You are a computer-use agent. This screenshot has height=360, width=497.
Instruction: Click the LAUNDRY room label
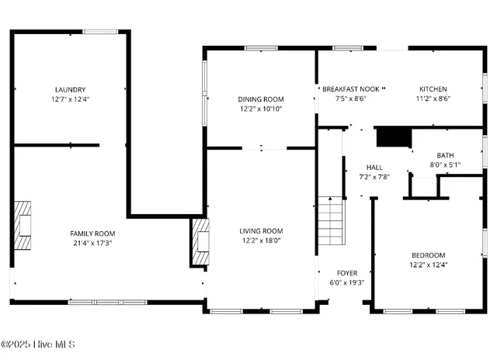tap(70, 89)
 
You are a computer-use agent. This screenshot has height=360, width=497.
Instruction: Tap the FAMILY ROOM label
tap(92, 233)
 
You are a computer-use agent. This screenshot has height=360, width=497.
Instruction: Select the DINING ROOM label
tap(260, 99)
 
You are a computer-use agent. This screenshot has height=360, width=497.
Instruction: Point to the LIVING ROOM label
tap(260, 230)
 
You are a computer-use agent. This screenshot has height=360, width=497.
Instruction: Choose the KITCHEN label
tap(433, 89)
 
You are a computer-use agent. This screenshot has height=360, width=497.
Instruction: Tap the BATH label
tap(445, 155)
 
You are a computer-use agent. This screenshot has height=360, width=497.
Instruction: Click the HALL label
tap(374, 167)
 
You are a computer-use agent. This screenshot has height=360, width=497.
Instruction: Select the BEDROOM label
tap(428, 255)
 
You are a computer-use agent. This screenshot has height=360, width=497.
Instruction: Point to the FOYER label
tap(346, 273)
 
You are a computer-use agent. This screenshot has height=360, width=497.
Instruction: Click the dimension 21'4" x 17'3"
tap(92, 243)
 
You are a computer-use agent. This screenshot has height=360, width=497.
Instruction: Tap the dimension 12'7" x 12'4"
tap(70, 99)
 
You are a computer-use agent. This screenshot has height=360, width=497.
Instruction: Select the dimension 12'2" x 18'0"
tap(260, 241)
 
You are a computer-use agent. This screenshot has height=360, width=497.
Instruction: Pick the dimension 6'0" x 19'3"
tap(346, 282)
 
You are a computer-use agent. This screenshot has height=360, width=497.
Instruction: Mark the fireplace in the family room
tap(23, 225)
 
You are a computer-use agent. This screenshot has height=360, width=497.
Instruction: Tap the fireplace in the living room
tap(200, 241)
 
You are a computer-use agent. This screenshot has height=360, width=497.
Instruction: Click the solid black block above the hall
tap(392, 137)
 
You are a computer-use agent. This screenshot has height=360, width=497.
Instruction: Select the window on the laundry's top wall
tap(100, 31)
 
